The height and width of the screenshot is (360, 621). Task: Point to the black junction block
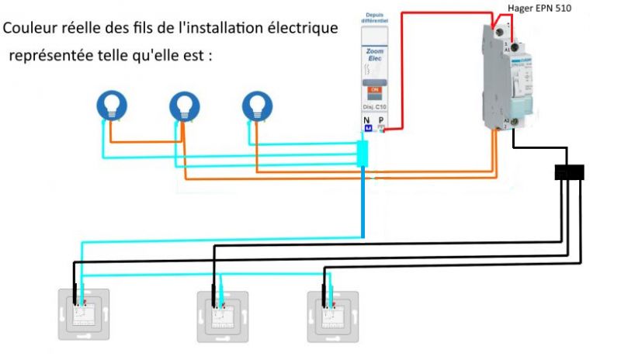tap(569, 171)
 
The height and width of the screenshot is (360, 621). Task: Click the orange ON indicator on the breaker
tap(376, 89)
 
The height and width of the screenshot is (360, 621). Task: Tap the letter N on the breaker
tap(366, 120)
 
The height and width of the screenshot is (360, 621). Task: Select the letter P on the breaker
tap(381, 120)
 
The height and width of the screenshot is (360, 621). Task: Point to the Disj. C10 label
tap(375, 107)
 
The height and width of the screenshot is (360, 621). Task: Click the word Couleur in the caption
tap(30, 29)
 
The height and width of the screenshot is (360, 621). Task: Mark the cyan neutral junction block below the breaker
tap(362, 154)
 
